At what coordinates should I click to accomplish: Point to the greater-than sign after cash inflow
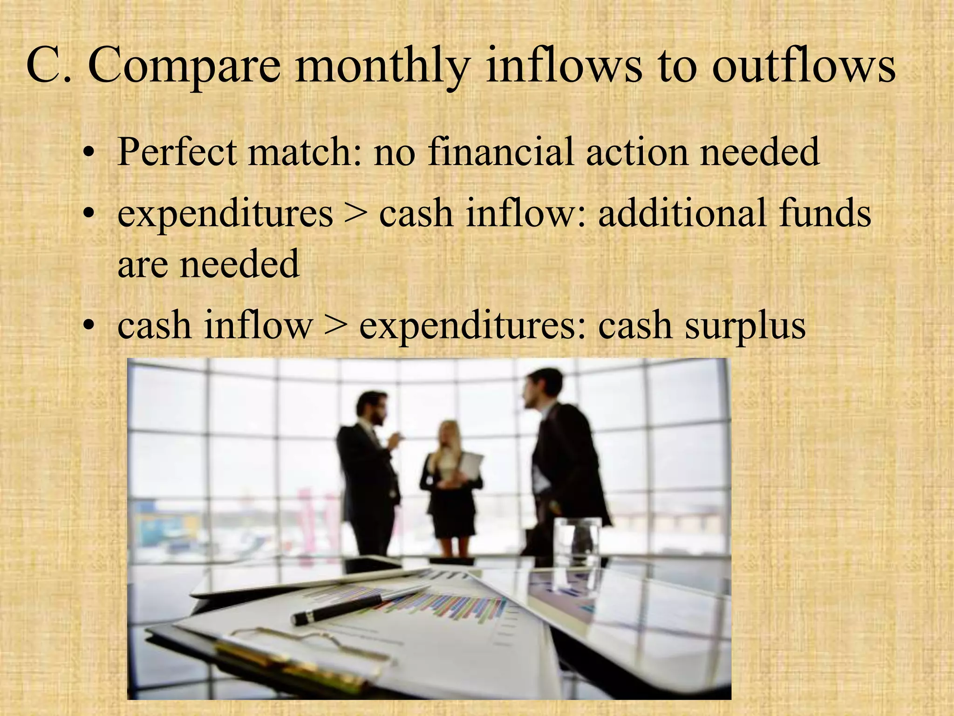(x=336, y=325)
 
